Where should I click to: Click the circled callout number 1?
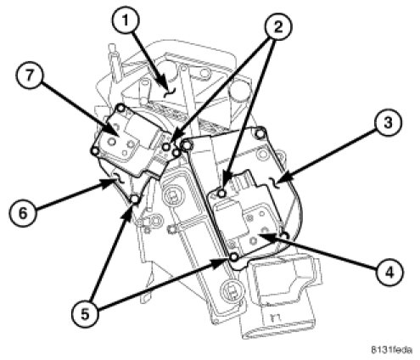pos(125,20)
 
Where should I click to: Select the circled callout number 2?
pos(278,27)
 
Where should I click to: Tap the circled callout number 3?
pos(388,123)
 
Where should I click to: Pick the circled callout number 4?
pos(389,273)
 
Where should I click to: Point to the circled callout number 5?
pos(85,314)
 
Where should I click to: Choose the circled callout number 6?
pos(23,212)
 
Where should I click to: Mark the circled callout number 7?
pos(29,76)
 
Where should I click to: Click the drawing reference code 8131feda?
pos(391,350)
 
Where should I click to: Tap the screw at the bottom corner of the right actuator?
pos(233,257)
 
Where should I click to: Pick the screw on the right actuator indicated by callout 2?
pos(222,194)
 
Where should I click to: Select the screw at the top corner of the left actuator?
pos(121,108)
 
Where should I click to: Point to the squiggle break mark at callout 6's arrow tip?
pos(119,178)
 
